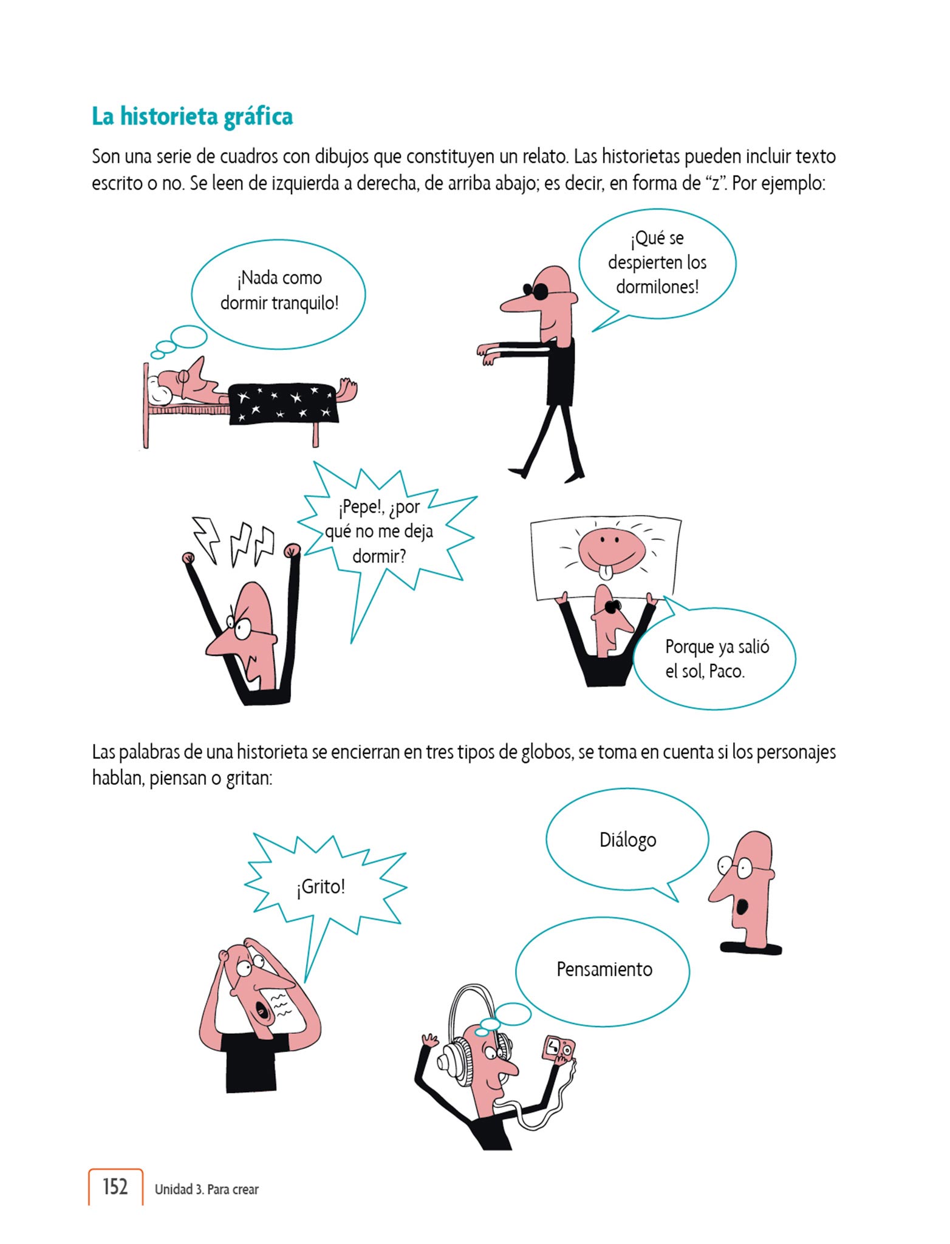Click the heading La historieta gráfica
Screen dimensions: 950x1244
click(192, 116)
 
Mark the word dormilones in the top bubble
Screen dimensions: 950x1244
click(658, 287)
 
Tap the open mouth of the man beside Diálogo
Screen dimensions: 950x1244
click(742, 907)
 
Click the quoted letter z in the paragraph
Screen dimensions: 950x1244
click(714, 183)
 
